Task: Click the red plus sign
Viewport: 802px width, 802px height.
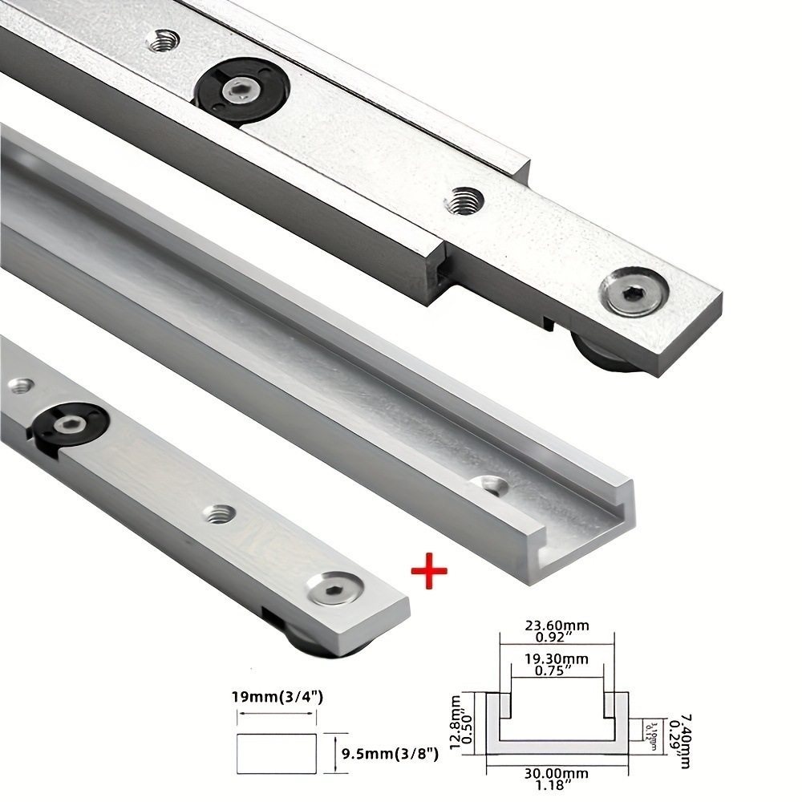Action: pos(428,573)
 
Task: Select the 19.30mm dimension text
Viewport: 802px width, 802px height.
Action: pos(557,658)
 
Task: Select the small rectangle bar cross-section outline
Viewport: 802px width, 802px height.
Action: pos(277,753)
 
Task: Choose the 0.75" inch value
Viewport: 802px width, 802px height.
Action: pos(557,672)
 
